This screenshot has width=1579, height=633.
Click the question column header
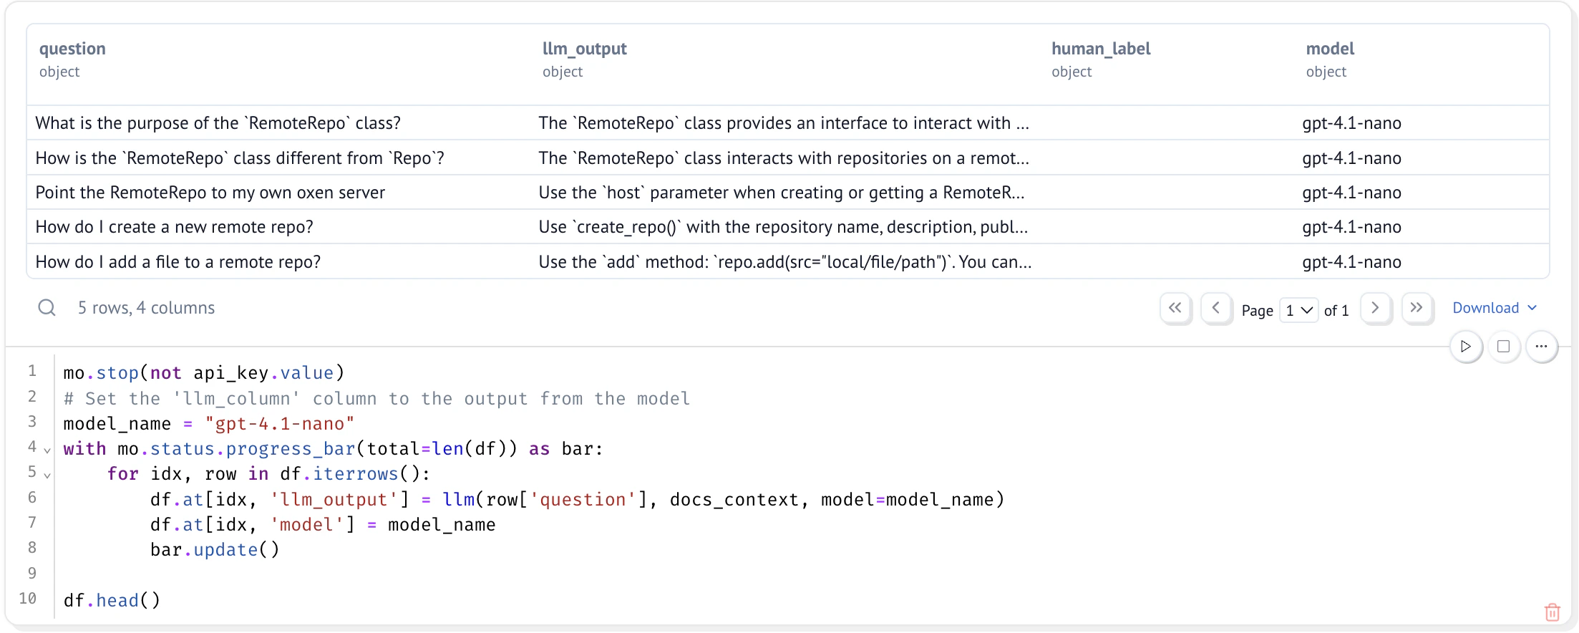(x=72, y=49)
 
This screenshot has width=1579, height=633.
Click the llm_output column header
(x=584, y=49)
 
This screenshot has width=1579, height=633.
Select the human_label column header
(x=1101, y=49)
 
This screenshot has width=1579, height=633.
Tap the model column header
(x=1330, y=49)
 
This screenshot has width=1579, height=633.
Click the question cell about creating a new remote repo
(x=175, y=227)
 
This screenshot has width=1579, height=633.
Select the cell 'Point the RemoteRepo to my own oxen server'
(x=210, y=193)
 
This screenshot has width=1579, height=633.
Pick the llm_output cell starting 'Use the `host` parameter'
(x=782, y=193)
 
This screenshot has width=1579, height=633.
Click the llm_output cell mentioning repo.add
(x=785, y=262)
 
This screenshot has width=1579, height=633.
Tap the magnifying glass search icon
(x=47, y=308)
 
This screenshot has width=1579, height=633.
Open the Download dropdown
(x=1495, y=308)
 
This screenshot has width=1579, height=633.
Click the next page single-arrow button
(x=1375, y=308)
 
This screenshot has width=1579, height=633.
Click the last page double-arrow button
(x=1417, y=308)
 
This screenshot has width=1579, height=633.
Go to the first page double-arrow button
(x=1175, y=308)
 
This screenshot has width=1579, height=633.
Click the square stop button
(x=1504, y=347)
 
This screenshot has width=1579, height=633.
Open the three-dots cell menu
(x=1541, y=347)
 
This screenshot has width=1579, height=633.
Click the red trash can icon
(x=1553, y=612)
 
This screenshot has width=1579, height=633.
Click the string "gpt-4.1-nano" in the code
(x=280, y=424)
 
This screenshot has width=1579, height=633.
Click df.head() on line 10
(x=112, y=600)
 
